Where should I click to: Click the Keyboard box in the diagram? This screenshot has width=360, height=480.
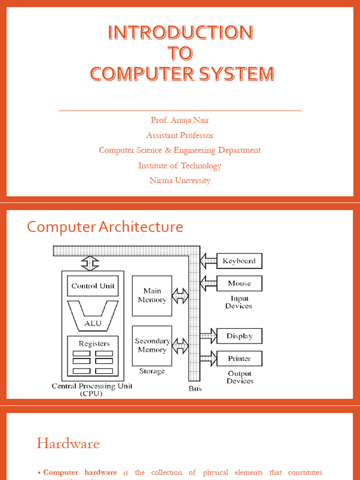[x=239, y=261]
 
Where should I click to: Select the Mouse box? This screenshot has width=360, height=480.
[x=239, y=284]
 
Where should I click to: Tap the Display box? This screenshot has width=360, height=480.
[x=239, y=336]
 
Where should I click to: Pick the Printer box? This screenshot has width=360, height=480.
[x=239, y=359]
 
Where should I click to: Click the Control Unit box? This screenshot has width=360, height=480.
[x=93, y=286]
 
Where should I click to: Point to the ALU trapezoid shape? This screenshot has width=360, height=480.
[x=93, y=319]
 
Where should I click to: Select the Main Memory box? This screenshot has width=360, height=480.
[x=152, y=296]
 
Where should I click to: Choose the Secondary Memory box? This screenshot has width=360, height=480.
[x=152, y=346]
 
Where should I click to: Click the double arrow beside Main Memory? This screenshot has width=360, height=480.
[x=180, y=296]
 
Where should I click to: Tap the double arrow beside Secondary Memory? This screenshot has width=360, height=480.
[x=180, y=346]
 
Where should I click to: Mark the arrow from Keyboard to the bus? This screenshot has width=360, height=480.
[x=208, y=261]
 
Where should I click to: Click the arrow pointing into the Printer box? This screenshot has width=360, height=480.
[x=208, y=359]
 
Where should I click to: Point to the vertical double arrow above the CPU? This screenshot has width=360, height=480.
[x=89, y=263]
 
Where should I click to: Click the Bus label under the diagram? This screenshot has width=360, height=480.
[x=195, y=389]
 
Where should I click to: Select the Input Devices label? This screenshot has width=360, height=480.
[x=239, y=302]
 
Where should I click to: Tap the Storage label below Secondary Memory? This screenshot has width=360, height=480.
[x=152, y=371]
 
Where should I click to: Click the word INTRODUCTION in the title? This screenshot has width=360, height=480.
[x=180, y=33]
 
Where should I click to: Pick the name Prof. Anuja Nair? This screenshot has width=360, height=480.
[x=180, y=120]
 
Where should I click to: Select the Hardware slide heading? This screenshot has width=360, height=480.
[x=68, y=443]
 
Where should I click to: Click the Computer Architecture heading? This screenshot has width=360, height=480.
[x=105, y=227]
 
